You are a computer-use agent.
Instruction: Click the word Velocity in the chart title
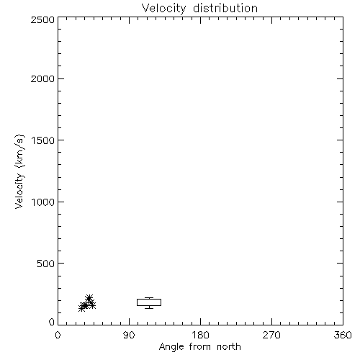click(164, 9)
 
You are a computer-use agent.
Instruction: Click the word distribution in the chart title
click(225, 8)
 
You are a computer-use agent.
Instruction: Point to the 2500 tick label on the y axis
click(42, 19)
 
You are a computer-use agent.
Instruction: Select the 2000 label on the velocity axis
click(42, 78)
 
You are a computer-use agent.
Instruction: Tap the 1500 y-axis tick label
click(43, 140)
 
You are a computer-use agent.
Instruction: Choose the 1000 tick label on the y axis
click(43, 202)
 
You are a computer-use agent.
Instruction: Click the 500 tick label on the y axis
click(46, 264)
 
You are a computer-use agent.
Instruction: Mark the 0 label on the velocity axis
click(52, 322)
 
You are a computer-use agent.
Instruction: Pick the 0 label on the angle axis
click(58, 335)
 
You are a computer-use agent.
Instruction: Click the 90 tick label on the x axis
click(129, 335)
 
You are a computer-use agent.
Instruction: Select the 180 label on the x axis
click(200, 335)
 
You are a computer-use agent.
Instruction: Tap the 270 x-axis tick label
click(271, 335)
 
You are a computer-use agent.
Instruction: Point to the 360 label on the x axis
click(343, 335)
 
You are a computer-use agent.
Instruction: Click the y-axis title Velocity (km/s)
click(19, 171)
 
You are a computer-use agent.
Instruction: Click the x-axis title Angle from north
click(200, 347)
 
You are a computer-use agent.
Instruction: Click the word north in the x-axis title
click(229, 346)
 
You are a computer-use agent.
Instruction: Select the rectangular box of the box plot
click(149, 299)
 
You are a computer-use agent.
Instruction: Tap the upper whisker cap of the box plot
click(149, 298)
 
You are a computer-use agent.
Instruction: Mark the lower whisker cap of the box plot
click(149, 308)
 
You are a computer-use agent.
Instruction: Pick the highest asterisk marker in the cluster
click(89, 299)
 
